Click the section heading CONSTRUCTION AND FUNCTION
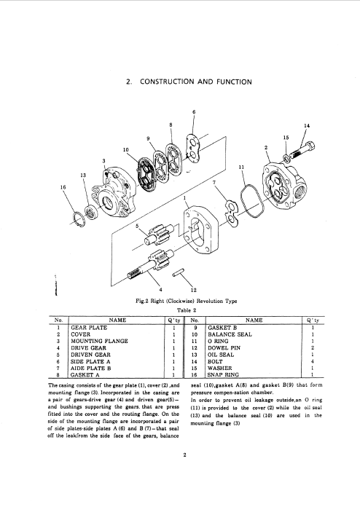196,82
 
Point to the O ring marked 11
251,202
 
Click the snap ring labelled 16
79,219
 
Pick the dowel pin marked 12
178,272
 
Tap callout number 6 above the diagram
194,111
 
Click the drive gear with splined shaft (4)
150,264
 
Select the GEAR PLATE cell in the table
89,328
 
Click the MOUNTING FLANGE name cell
99,341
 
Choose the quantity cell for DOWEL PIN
313,348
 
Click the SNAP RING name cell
223,375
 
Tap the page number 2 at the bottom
184,454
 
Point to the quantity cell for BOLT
313,361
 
